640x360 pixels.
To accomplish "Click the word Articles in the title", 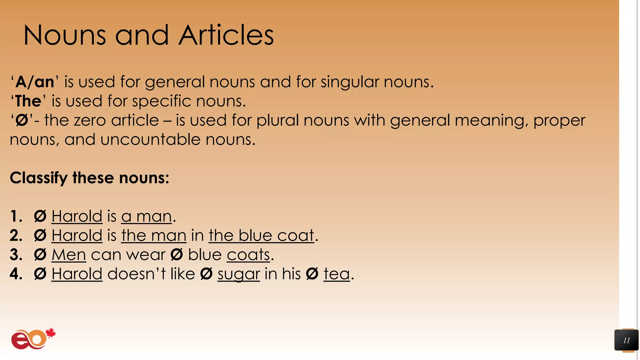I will pos(226,35).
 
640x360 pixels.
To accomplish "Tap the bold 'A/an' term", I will pos(35,82).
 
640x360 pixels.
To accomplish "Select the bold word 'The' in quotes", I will pos(28,101).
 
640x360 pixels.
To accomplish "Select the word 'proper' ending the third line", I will pos(559,121).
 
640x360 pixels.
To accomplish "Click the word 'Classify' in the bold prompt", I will pos(38,178).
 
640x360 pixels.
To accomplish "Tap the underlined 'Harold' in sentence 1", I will pos(77,216).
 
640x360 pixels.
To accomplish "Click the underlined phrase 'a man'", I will pos(147,216).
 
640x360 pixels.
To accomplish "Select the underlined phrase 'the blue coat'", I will pos(261,236).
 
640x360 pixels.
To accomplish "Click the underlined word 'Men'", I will pos(69,255).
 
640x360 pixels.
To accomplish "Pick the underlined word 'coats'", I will pos(248,255).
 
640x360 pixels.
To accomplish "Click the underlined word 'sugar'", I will pos(238,274).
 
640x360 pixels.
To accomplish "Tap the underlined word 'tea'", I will pos(336,274).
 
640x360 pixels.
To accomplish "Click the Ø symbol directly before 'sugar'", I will pos(206,274).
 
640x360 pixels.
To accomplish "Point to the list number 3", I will pos(16,255).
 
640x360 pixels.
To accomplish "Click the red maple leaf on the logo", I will pos(51,333).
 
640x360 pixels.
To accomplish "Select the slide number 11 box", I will pos(626,340).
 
